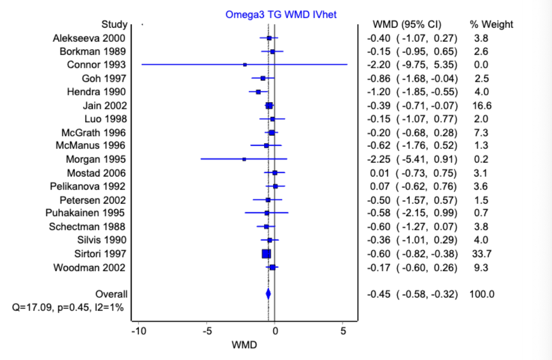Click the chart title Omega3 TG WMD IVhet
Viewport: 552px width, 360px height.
click(x=280, y=14)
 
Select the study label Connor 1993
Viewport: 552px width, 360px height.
click(x=96, y=65)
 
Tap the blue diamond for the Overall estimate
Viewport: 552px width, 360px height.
click(x=268, y=294)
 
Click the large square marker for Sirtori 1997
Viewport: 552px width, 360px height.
click(x=266, y=254)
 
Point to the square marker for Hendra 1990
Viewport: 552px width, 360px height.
click(x=258, y=92)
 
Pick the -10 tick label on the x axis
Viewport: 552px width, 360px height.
click(x=138, y=331)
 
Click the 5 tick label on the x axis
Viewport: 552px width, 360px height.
click(x=343, y=331)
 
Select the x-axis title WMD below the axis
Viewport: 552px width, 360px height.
click(x=244, y=345)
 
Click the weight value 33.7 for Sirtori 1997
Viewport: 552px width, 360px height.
click(x=482, y=254)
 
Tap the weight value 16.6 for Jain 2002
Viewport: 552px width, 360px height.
click(x=482, y=106)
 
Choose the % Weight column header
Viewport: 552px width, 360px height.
click(x=491, y=25)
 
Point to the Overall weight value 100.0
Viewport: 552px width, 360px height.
click(x=482, y=294)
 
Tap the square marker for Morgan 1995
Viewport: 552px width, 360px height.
click(x=244, y=159)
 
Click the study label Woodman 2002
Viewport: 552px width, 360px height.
click(x=90, y=268)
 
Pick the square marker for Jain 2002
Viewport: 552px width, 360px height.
click(x=269, y=106)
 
